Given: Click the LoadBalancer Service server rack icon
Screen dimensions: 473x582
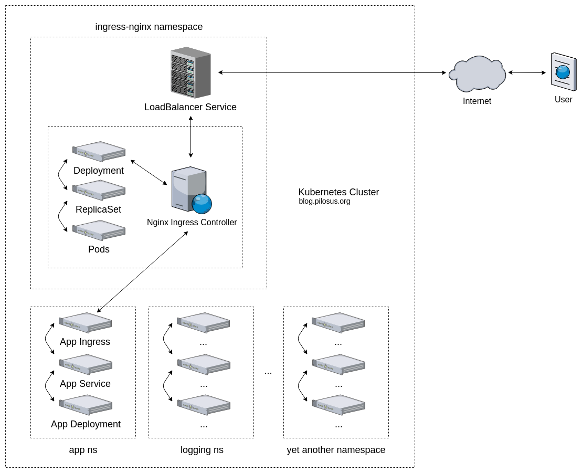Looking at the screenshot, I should (x=191, y=72).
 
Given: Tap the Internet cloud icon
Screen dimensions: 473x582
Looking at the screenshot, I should (x=477, y=74).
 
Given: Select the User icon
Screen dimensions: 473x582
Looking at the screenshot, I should (x=563, y=72).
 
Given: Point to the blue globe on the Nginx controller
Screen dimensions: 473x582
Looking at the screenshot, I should (x=202, y=204).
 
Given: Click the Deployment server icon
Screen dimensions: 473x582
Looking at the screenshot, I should (x=99, y=151).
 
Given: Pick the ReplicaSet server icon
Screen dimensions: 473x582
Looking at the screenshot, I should (x=99, y=190).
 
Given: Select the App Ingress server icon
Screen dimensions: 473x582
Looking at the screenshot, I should (x=85, y=322).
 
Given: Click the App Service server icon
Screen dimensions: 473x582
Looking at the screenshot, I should (x=86, y=364).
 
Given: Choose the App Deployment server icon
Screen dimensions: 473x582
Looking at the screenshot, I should (x=86, y=404).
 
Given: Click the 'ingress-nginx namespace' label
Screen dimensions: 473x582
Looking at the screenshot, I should (x=149, y=27).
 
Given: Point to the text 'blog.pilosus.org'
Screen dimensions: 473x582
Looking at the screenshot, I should (x=324, y=201).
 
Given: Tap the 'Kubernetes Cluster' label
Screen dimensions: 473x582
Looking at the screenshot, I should (x=338, y=192).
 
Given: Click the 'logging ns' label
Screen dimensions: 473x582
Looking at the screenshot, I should (x=202, y=450).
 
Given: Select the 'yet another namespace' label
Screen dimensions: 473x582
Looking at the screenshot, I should (x=336, y=450).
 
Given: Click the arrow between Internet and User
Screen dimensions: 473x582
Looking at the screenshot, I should (x=527, y=72).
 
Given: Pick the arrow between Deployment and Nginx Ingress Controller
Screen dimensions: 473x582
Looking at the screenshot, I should (x=149, y=172).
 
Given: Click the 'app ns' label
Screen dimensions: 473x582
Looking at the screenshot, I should (x=83, y=450).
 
